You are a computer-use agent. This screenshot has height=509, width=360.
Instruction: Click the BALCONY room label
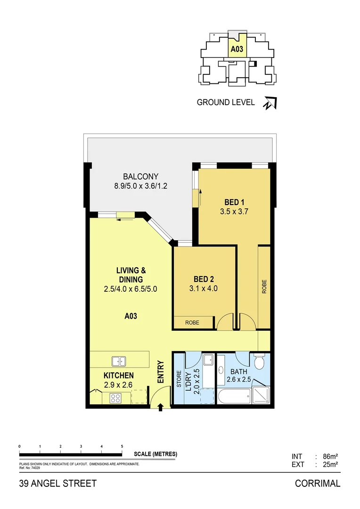point(141,177)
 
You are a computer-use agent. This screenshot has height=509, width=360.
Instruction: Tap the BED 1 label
point(234,203)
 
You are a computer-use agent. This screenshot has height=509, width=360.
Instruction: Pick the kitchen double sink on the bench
point(119,361)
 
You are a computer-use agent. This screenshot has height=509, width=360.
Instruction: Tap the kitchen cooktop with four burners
point(116,397)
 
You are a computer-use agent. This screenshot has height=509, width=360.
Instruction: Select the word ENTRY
point(161,371)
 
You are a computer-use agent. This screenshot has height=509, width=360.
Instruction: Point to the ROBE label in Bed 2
point(192,323)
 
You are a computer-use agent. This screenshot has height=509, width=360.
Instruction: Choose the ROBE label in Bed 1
point(264,287)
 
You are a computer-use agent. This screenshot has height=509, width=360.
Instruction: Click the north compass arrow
point(270,103)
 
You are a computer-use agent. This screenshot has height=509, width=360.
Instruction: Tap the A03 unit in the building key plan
point(237,48)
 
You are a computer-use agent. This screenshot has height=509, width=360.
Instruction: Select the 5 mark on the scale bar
point(122,446)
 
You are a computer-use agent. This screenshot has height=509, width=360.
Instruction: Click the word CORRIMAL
point(317,484)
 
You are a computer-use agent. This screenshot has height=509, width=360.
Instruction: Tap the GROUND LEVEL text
point(226,102)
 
